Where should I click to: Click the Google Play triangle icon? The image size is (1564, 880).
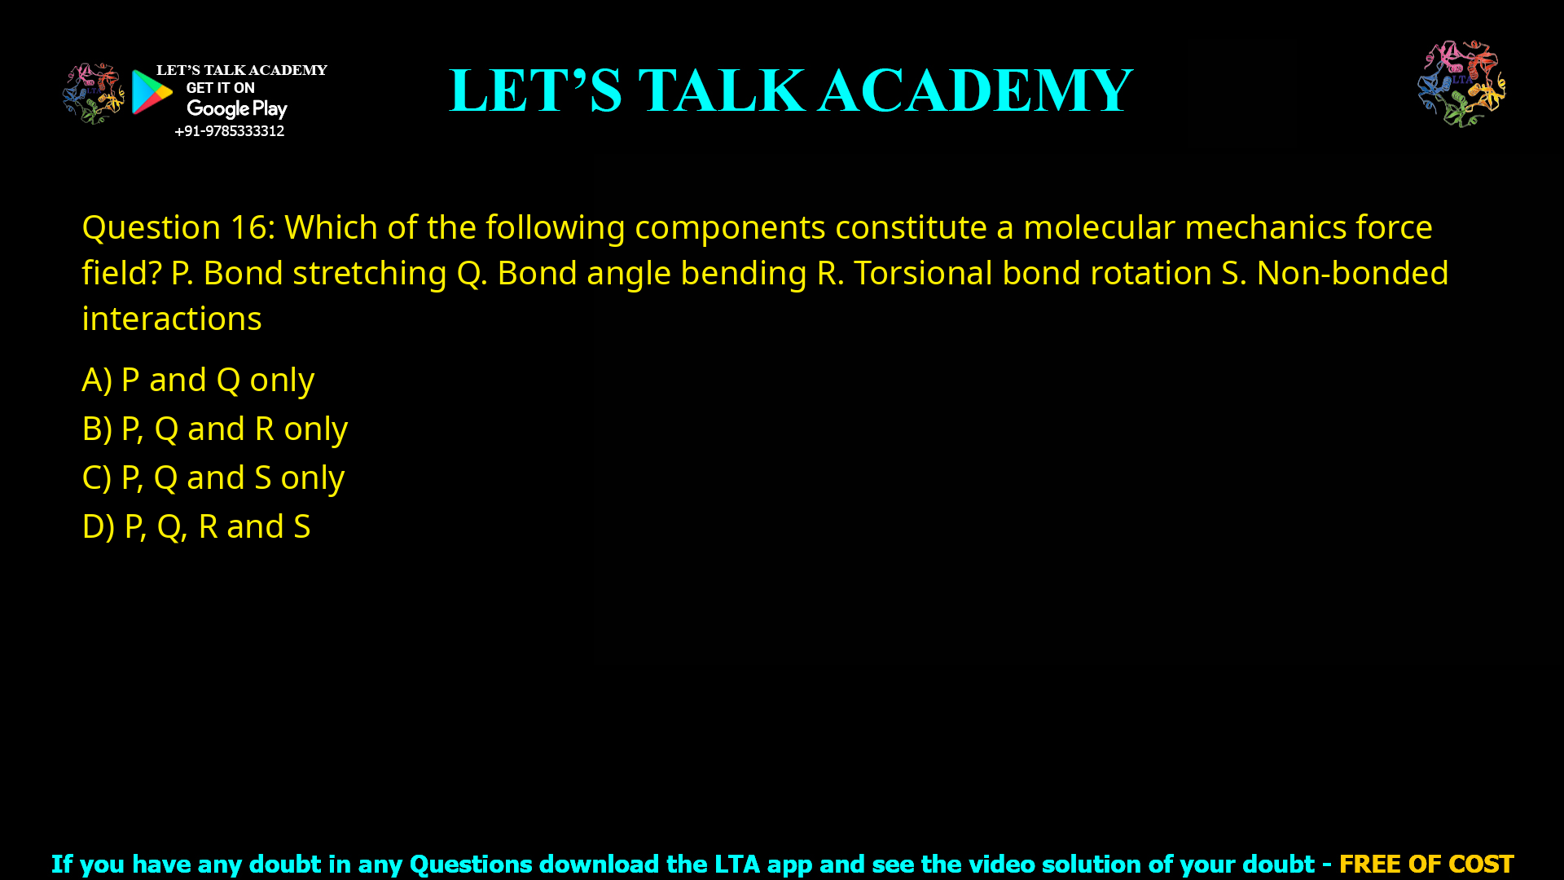pyautogui.click(x=152, y=92)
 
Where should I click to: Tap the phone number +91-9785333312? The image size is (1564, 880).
pyautogui.click(x=229, y=131)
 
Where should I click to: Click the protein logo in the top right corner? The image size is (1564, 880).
pyautogui.click(x=1461, y=84)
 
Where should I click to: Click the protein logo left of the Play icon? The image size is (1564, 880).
pyautogui.click(x=93, y=93)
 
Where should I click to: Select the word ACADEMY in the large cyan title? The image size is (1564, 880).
pyautogui.click(x=975, y=90)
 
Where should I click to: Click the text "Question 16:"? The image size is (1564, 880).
pyautogui.click(x=178, y=227)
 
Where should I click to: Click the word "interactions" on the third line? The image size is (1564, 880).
pyautogui.click(x=172, y=319)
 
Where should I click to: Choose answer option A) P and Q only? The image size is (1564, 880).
pyautogui.click(x=198, y=380)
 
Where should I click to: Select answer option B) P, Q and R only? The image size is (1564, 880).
pyautogui.click(x=215, y=429)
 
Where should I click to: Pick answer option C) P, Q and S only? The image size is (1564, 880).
pyautogui.click(x=213, y=477)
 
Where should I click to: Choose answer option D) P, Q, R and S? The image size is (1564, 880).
pyautogui.click(x=196, y=526)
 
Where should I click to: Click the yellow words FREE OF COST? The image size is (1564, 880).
pyautogui.click(x=1426, y=864)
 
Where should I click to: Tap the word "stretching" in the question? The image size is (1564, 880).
pyautogui.click(x=369, y=273)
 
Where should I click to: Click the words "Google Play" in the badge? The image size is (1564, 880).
pyautogui.click(x=236, y=108)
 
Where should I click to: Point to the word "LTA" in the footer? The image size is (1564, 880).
pyautogui.click(x=736, y=864)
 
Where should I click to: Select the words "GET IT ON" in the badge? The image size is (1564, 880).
pyautogui.click(x=220, y=88)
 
